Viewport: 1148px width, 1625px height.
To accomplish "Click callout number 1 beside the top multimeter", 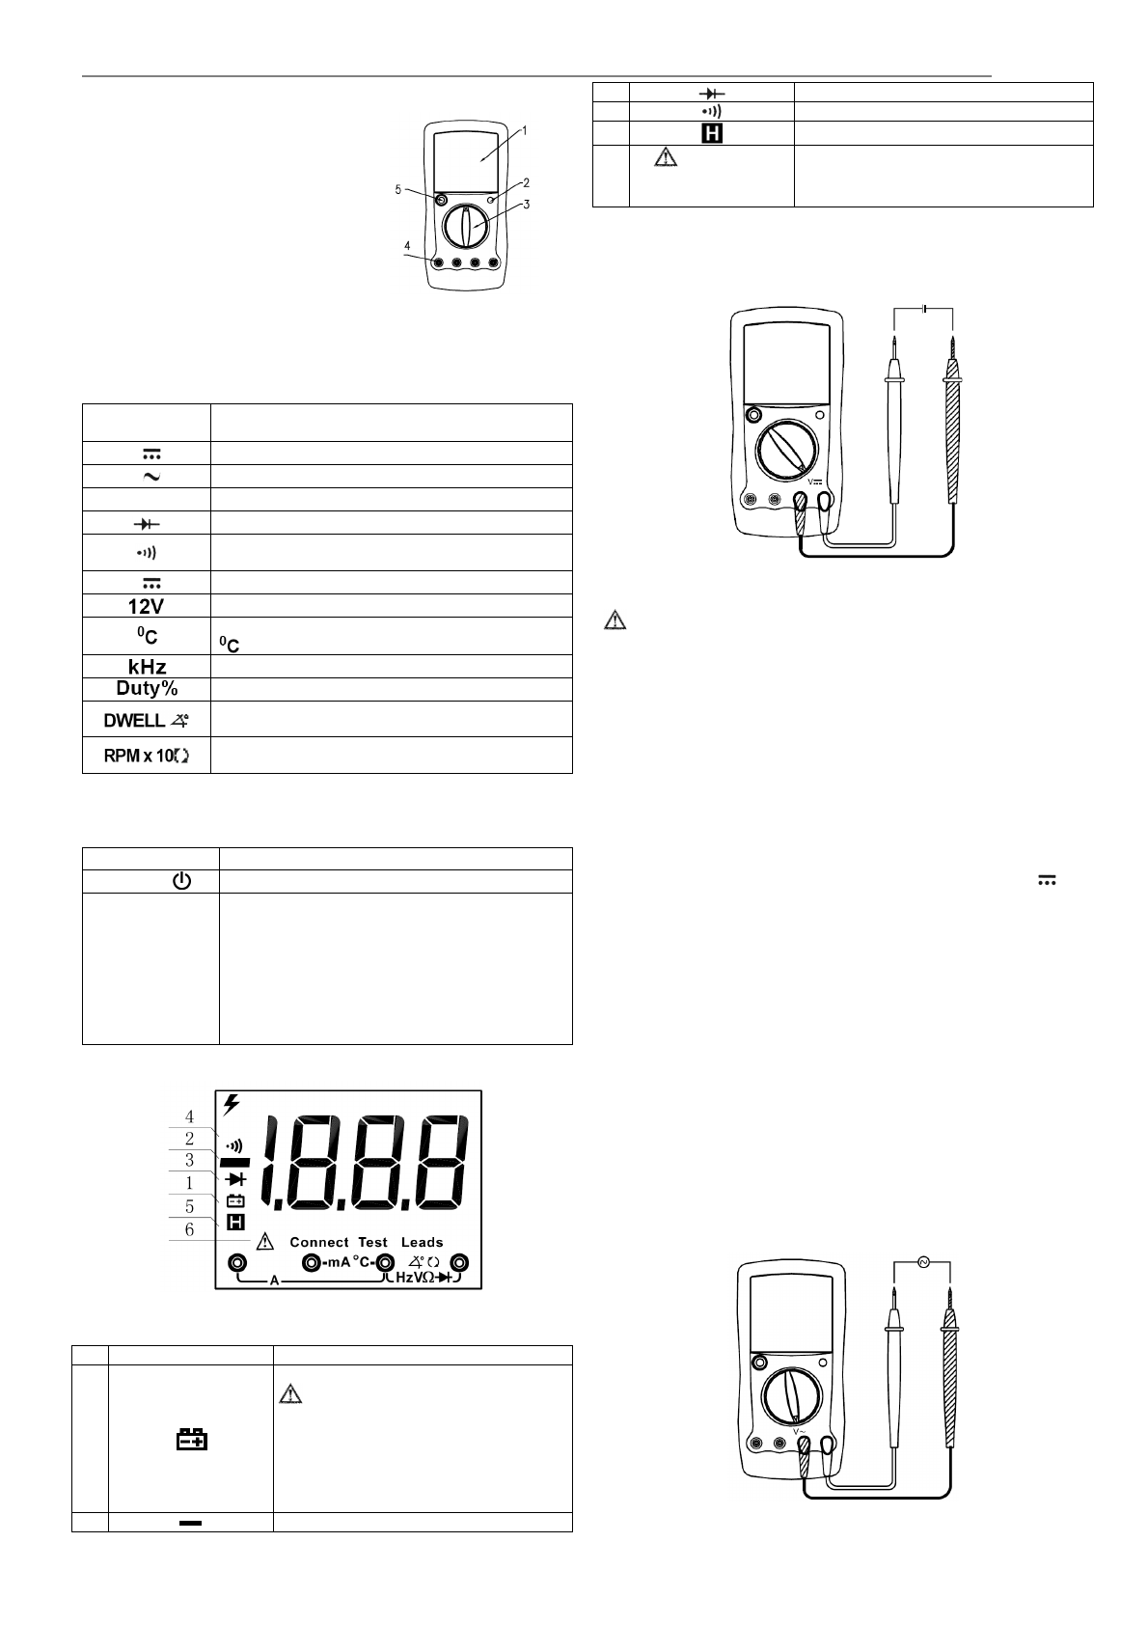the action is [525, 131].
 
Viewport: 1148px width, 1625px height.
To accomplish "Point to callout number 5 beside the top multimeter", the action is [398, 190].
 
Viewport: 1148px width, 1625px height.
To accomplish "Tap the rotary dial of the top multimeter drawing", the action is [466, 227].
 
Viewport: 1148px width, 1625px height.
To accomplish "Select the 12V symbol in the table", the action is [146, 606].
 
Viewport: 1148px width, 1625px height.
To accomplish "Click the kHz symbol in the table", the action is [148, 667].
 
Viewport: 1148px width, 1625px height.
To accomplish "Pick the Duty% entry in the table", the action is [148, 688].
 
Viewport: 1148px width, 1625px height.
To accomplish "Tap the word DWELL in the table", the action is [134, 721].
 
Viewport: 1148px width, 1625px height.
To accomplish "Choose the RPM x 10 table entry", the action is [147, 756].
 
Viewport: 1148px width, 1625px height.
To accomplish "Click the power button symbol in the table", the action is [181, 881].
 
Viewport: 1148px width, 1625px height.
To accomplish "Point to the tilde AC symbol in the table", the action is [151, 477].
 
